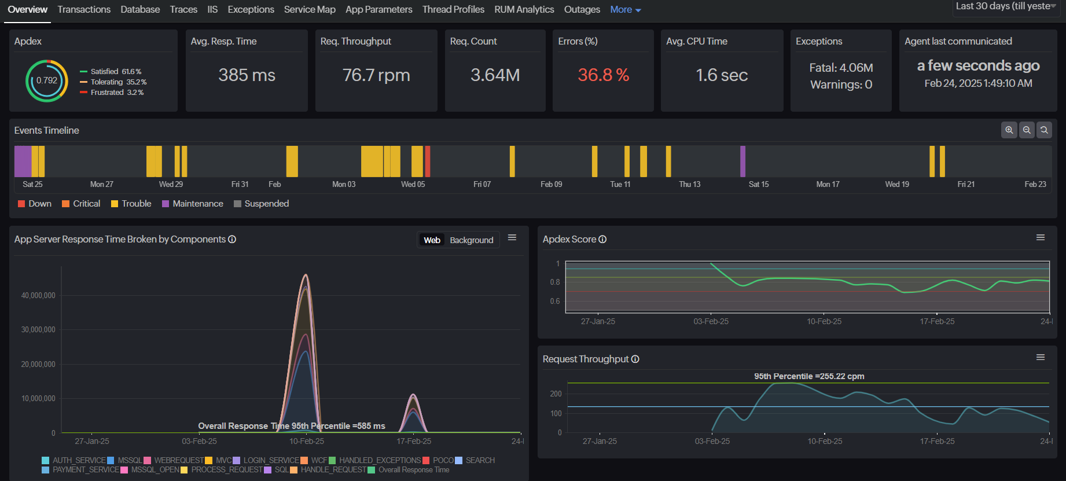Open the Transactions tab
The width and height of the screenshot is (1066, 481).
[x=84, y=10]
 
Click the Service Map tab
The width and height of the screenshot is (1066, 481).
[x=310, y=10]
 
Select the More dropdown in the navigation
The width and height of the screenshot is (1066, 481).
[x=625, y=10]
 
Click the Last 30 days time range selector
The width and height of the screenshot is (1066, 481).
[x=1006, y=6]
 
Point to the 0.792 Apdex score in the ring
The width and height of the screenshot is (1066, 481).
[x=47, y=80]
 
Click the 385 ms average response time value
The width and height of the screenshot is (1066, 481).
[x=247, y=75]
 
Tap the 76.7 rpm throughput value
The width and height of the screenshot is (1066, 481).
[x=376, y=75]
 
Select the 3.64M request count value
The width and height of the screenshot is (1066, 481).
[x=495, y=75]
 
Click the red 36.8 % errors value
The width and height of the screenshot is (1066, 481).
[x=603, y=75]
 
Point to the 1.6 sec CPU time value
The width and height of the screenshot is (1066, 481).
[x=722, y=75]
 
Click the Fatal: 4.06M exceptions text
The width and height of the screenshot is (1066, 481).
[x=841, y=68]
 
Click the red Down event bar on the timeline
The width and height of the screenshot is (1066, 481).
[x=428, y=161]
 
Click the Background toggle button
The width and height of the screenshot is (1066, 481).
[x=471, y=240]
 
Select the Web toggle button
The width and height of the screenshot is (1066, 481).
[x=432, y=240]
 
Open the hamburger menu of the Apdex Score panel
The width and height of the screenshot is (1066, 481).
[x=1040, y=238]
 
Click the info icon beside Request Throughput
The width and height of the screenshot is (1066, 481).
[x=635, y=359]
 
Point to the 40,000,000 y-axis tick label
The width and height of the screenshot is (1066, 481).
[x=38, y=296]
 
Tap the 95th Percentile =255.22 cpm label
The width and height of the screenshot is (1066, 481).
[x=808, y=376]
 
